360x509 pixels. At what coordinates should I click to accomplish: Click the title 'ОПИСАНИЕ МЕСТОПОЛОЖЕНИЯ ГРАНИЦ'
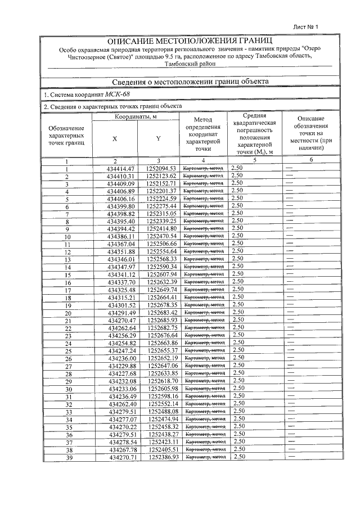[x=190, y=41]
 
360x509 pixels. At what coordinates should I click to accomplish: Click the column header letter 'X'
[x=115, y=138]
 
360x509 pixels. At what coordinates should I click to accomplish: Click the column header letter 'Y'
[x=158, y=138]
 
